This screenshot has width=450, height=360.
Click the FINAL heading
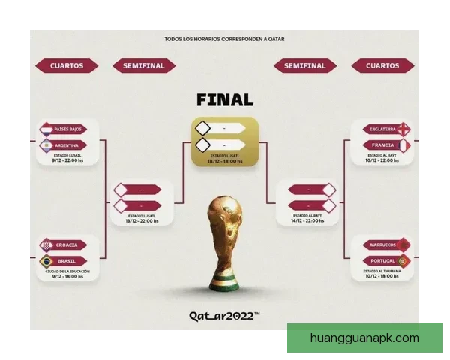(x=225, y=99)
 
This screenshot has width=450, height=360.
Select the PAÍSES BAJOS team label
(x=68, y=130)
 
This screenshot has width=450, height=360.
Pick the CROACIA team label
(x=70, y=245)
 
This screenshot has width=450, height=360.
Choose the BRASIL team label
(x=70, y=261)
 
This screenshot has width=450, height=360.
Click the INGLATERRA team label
(x=382, y=128)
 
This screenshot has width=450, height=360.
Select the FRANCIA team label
(x=382, y=145)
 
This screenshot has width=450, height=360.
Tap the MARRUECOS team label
(x=382, y=244)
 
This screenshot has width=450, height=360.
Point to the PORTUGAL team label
(x=382, y=260)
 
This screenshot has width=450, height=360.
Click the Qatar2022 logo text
(x=225, y=316)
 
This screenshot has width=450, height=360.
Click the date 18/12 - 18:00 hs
(x=225, y=161)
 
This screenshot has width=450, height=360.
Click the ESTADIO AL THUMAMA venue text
(x=382, y=271)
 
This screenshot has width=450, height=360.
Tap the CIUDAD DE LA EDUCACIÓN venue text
(x=68, y=271)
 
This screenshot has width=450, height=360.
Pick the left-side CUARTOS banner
(x=67, y=65)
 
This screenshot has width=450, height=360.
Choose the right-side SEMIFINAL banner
(x=304, y=65)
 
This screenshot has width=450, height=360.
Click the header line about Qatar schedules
(x=225, y=39)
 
